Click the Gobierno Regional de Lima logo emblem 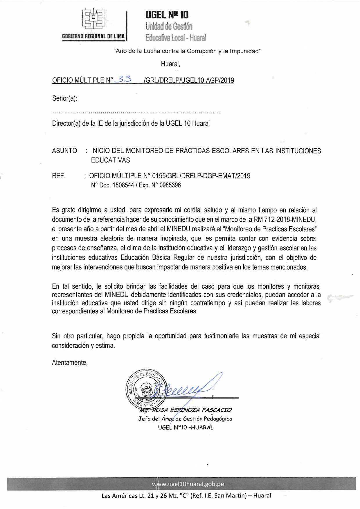[93, 20]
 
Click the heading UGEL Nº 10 [167, 15]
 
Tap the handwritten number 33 [123, 79]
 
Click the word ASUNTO [64, 151]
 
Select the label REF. [59, 176]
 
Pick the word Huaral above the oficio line [170, 64]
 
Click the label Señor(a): [65, 98]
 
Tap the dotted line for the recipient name [136, 112]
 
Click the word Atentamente [70, 362]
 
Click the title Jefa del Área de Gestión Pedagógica [185, 419]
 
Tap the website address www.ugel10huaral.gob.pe [188, 484]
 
